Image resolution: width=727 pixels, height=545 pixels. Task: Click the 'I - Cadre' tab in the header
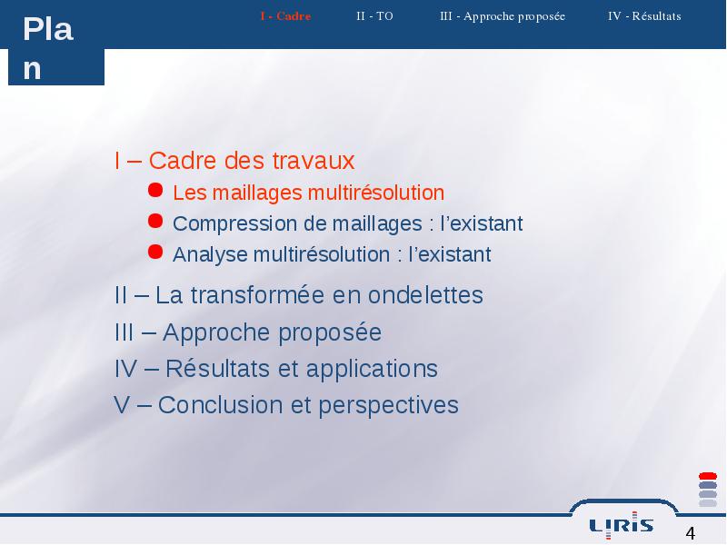tap(285, 16)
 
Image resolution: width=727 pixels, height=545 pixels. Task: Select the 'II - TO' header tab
tap(374, 16)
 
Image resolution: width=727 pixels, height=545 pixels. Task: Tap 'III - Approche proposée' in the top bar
tap(503, 16)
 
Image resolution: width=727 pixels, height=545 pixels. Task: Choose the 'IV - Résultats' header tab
tap(644, 16)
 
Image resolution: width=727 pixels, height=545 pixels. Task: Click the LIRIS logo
tap(622, 526)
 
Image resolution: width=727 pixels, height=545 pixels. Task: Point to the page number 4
tap(691, 533)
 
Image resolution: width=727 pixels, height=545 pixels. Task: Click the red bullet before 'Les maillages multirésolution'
tap(155, 190)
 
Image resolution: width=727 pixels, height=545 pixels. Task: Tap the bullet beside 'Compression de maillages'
tap(155, 221)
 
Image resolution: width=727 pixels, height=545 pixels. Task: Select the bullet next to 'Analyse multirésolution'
tap(155, 253)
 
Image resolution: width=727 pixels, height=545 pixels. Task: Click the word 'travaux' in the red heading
tap(314, 161)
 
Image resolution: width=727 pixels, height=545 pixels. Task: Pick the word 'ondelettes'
tap(425, 295)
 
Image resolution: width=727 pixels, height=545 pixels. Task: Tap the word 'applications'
tap(372, 370)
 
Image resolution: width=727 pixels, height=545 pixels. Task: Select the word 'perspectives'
tap(389, 406)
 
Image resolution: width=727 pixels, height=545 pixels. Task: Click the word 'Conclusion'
tap(220, 405)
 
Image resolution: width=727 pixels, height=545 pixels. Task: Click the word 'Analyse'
tap(210, 255)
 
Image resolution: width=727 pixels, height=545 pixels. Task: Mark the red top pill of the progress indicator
tap(708, 476)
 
